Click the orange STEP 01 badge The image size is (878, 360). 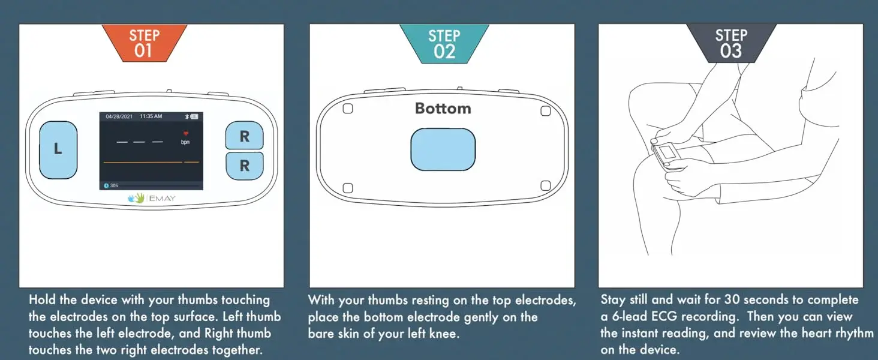(145, 43)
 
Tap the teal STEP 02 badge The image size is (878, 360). (444, 44)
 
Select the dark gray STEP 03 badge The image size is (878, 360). (731, 43)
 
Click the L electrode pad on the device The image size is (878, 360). (58, 150)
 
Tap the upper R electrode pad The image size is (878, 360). (244, 135)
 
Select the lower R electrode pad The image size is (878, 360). (245, 166)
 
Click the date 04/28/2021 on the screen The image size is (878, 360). (119, 116)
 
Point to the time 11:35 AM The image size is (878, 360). (151, 116)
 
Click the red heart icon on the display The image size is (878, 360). (186, 133)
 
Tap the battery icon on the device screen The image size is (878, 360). (194, 116)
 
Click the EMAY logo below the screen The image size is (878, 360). (152, 198)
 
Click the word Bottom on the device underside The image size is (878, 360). (443, 108)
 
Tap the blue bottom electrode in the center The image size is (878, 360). (443, 149)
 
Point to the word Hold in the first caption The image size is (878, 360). (41, 299)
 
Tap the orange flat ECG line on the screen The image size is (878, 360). (151, 162)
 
